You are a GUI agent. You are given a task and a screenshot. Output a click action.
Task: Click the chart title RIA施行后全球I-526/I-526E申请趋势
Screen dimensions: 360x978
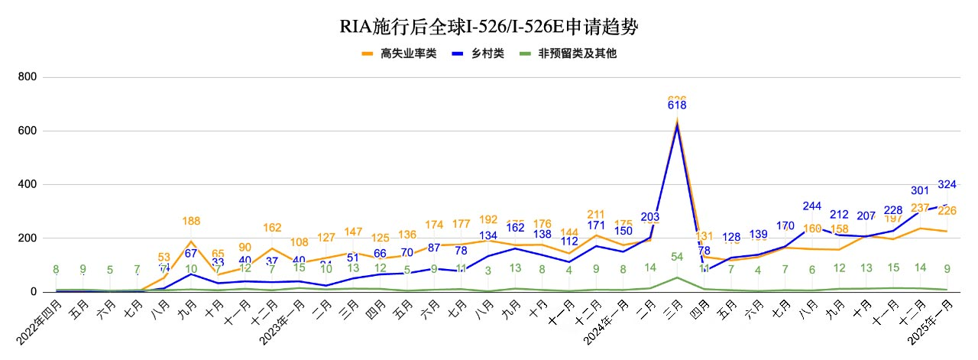tap(488, 28)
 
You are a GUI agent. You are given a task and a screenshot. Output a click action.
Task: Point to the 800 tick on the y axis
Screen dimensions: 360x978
tap(28, 78)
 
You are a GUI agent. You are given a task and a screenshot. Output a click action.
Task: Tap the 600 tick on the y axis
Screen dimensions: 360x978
tap(28, 131)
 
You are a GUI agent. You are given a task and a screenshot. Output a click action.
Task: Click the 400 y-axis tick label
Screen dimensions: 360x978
tap(28, 185)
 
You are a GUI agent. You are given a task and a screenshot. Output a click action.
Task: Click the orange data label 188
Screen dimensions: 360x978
tap(191, 222)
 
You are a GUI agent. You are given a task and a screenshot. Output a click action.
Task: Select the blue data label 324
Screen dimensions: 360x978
tap(946, 184)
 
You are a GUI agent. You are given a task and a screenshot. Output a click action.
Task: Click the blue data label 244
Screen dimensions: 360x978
tap(812, 206)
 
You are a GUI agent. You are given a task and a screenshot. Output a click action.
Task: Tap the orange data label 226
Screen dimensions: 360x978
tap(947, 211)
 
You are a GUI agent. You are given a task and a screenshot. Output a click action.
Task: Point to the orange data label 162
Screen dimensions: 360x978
tap(272, 228)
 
